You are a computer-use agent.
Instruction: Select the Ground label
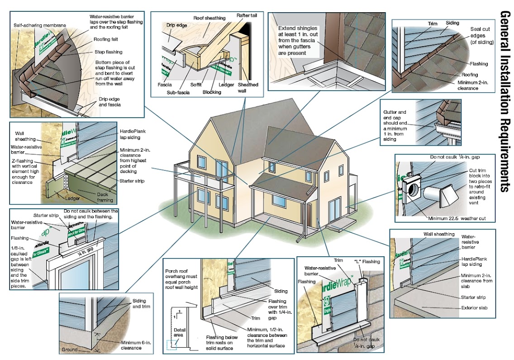tap(69, 350)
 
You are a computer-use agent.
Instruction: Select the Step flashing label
tap(108, 52)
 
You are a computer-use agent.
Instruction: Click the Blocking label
tap(212, 92)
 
